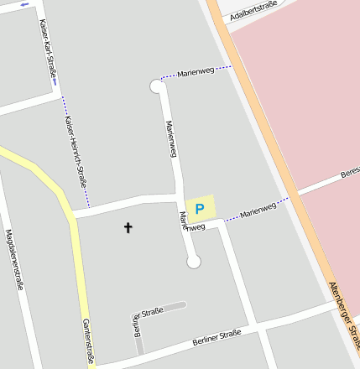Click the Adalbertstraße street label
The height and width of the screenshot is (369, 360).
[x=253, y=12]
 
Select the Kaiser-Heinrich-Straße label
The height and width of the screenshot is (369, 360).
[x=76, y=150]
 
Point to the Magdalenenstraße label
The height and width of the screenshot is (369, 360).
[x=13, y=259]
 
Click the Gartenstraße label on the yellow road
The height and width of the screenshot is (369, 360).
[x=86, y=340]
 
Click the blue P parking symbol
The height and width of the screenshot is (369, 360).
[x=200, y=208]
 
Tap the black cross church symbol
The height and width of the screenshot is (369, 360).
[x=128, y=226]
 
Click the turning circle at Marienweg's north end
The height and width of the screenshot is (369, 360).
[x=156, y=86]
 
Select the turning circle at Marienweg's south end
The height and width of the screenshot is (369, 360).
[x=194, y=262]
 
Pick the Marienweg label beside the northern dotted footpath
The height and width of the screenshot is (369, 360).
[x=196, y=73]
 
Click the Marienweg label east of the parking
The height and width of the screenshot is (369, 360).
[x=258, y=210]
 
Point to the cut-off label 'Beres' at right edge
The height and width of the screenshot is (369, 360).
[x=349, y=174]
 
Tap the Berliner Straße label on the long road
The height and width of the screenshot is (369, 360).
[x=217, y=338]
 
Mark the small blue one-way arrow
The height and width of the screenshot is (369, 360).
[x=24, y=4]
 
